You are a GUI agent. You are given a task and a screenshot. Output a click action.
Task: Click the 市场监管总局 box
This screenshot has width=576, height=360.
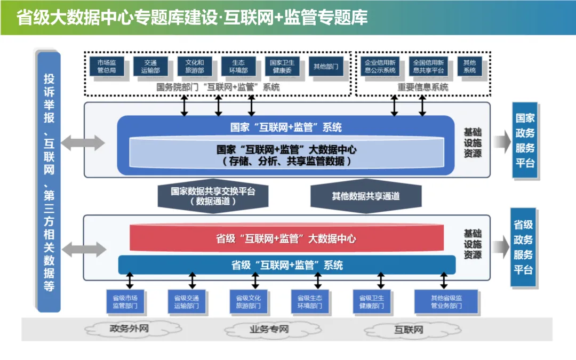click(x=107, y=67)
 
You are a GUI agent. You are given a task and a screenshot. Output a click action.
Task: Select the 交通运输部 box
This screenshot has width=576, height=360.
click(x=150, y=67)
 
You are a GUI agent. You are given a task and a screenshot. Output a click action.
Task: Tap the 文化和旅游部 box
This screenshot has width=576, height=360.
click(x=194, y=67)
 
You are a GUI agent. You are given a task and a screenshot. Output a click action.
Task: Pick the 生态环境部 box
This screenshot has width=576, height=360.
click(x=238, y=67)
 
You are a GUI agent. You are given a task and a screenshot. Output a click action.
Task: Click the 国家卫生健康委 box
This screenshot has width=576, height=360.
click(x=282, y=67)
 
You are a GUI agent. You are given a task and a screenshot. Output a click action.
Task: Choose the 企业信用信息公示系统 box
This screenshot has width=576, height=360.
click(x=380, y=67)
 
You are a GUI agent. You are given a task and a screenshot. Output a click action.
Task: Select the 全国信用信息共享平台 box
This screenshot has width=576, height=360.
click(x=428, y=67)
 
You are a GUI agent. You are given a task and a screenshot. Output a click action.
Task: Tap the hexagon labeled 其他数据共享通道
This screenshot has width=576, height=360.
click(x=366, y=196)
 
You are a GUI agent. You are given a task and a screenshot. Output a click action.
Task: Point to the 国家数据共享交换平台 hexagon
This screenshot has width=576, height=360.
click(x=213, y=196)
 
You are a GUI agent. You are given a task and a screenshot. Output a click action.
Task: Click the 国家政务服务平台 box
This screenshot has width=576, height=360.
click(x=525, y=140)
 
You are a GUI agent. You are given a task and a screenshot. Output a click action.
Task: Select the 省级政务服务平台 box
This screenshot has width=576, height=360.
click(x=523, y=247)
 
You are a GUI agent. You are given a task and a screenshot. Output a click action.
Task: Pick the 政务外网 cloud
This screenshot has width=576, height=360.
click(x=129, y=329)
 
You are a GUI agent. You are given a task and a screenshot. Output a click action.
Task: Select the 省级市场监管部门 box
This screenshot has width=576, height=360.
click(x=125, y=302)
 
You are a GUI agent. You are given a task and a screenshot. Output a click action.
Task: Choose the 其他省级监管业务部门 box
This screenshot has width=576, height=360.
click(x=446, y=302)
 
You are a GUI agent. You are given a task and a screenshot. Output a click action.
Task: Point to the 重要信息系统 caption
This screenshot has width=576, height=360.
click(x=423, y=87)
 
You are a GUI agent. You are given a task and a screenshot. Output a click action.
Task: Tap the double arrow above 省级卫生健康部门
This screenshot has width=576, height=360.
click(x=381, y=281)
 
